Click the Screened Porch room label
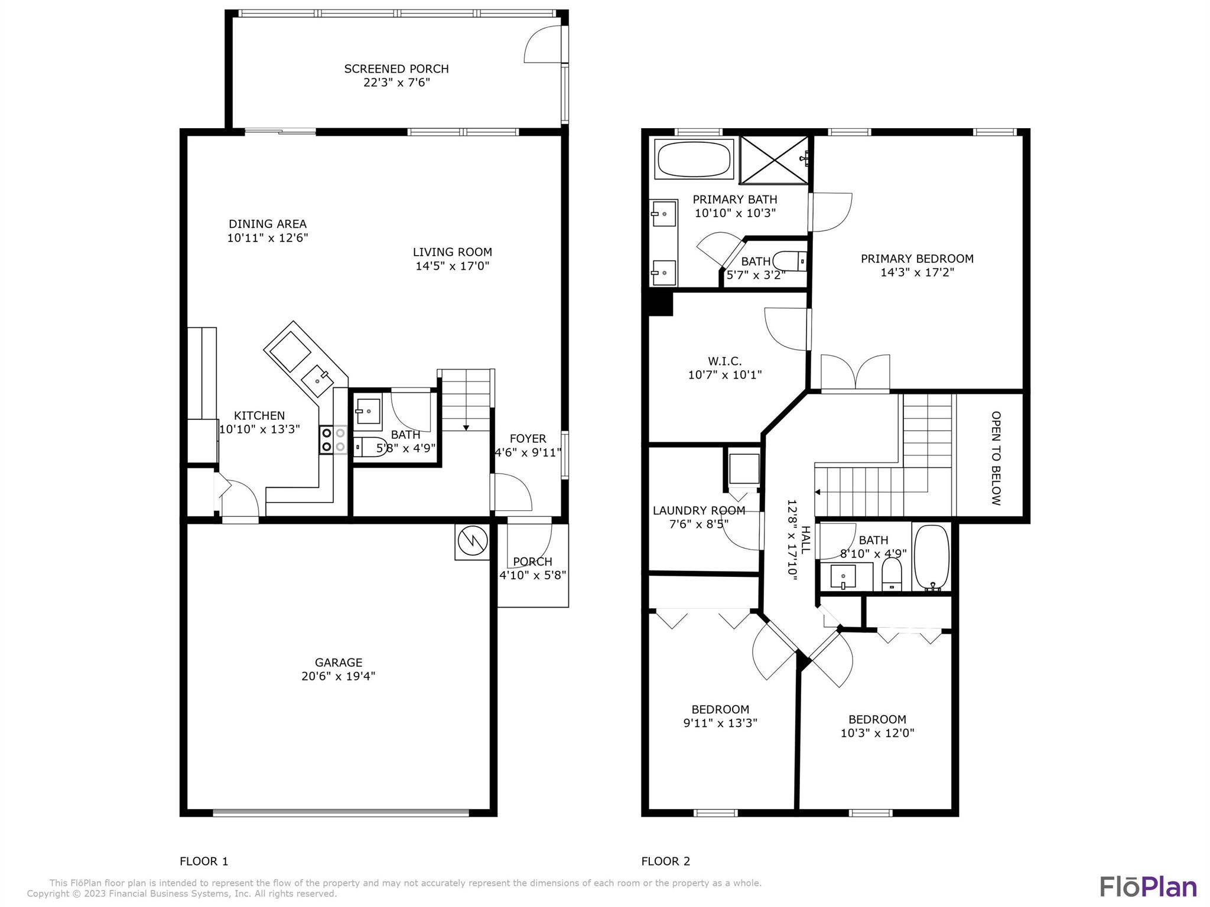tap(396, 69)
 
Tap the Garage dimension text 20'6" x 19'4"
tap(338, 676)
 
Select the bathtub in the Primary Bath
tap(694, 158)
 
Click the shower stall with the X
tap(774, 159)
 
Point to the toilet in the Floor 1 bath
tap(370, 447)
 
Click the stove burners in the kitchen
tap(333, 440)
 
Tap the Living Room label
tap(452, 252)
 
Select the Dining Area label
tap(268, 224)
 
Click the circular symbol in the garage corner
tap(472, 541)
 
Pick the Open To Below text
tap(996, 458)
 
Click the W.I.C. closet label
tap(725, 361)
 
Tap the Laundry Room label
tap(699, 510)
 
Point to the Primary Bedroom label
tap(917, 259)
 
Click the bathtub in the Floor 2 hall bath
tap(932, 557)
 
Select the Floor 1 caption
tap(204, 862)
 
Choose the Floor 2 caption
tap(666, 862)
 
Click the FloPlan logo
tap(1149, 886)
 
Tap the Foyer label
tap(528, 439)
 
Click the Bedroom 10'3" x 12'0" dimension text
tap(877, 733)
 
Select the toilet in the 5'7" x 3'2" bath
tap(789, 261)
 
